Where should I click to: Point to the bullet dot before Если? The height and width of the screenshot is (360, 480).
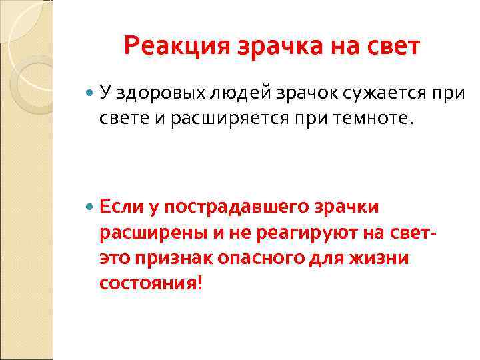point(91,208)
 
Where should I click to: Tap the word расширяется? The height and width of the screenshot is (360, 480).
point(205,118)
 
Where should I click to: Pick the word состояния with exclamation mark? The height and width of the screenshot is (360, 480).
point(150,283)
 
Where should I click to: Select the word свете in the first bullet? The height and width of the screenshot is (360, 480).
point(121,118)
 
